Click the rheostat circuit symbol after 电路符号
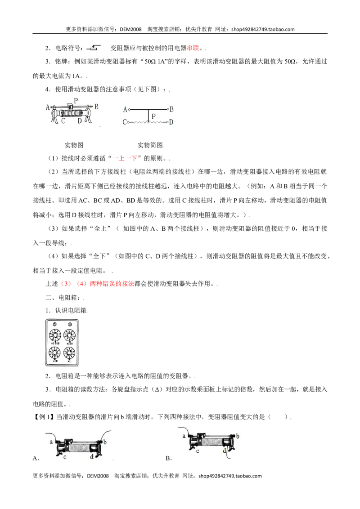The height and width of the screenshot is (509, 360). (94, 48)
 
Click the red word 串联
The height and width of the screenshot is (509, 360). (193, 48)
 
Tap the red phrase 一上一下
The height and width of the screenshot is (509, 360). (125, 158)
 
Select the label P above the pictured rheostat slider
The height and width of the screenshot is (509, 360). (76, 101)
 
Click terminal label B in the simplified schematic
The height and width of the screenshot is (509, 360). (171, 109)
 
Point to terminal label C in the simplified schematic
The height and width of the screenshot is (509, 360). (125, 122)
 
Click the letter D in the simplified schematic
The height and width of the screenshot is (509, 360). (171, 122)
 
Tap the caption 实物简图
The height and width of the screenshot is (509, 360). (150, 145)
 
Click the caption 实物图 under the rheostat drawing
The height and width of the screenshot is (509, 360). (74, 145)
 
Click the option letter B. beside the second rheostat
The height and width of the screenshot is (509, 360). (169, 458)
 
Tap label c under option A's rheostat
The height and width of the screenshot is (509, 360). (65, 457)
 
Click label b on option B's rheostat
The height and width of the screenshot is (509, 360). (238, 436)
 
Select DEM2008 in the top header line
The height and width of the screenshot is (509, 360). (130, 29)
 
